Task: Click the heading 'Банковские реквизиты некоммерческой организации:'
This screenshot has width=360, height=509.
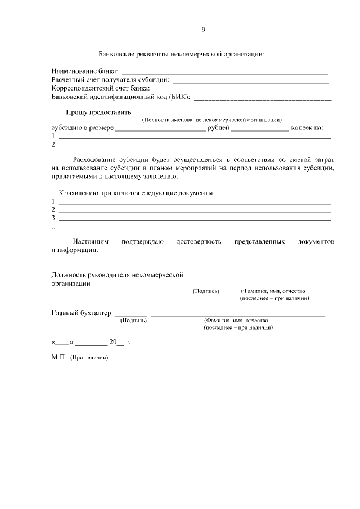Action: point(181,55)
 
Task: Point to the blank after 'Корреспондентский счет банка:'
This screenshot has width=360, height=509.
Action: point(240,89)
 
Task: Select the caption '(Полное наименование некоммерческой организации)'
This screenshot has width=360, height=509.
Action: point(211,120)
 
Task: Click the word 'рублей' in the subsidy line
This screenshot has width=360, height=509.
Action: point(218,128)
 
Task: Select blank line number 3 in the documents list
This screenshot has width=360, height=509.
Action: point(194,219)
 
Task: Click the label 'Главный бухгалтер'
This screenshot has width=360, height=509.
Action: point(81,313)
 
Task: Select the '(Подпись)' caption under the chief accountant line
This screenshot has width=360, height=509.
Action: point(134,321)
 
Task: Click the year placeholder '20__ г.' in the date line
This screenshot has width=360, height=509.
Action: point(120,341)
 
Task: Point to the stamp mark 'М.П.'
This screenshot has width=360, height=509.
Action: point(58,357)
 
